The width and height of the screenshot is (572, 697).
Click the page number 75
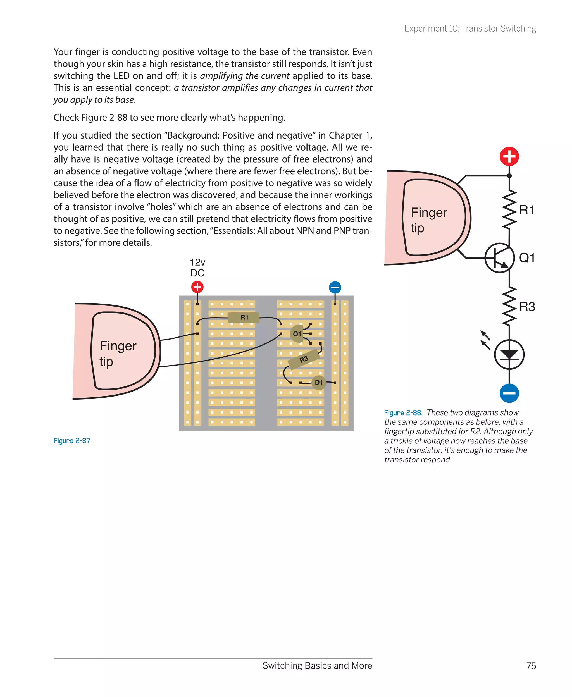click(531, 666)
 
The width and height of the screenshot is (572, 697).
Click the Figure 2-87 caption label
click(72, 441)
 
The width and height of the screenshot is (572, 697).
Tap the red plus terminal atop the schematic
click(509, 156)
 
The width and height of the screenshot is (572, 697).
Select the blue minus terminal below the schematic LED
click(509, 393)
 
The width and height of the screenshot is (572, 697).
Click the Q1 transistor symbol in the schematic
click(499, 258)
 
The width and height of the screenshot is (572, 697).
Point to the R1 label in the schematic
click(526, 210)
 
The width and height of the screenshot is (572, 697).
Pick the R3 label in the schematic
click(527, 307)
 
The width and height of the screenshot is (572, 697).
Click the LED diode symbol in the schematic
click(509, 355)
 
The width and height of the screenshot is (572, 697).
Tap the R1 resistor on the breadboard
click(244, 318)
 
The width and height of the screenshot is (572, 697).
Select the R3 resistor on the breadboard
click(304, 359)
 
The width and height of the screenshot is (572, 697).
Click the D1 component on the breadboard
click(319, 382)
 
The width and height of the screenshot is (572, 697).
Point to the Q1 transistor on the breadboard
click(297, 334)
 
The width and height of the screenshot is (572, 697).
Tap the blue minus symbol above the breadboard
click(335, 287)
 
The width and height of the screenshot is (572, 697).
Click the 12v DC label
click(197, 268)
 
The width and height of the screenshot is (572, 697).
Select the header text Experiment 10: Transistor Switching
click(470, 29)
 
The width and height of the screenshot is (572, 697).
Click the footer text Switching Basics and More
click(317, 665)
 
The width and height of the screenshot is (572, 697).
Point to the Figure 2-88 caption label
click(403, 413)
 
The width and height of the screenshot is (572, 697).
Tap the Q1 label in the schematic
click(526, 258)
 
